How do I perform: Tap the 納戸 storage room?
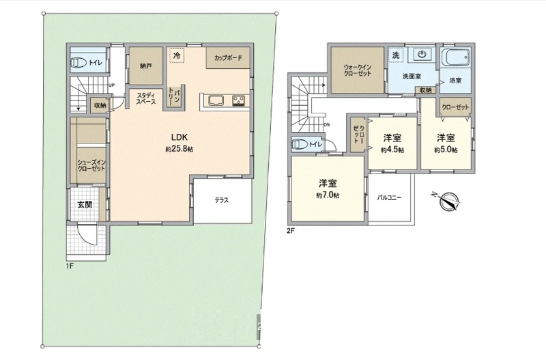click(x=146, y=66)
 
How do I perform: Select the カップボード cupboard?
click(x=228, y=58)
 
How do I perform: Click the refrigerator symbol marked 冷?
click(x=177, y=55)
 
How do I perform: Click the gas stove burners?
click(x=239, y=100)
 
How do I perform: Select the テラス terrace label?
click(x=222, y=200)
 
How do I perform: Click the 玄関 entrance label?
click(x=85, y=204)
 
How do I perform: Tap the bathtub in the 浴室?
click(x=455, y=57)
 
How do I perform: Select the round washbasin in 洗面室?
click(x=422, y=54)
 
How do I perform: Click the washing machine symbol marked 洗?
click(x=396, y=55)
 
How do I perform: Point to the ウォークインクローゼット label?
click(x=357, y=70)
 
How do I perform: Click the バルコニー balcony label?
click(x=389, y=197)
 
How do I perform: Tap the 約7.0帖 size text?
click(x=328, y=196)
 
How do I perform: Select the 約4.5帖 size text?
click(x=392, y=150)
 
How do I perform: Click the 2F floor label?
click(x=291, y=230)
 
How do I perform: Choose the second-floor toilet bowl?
click(x=300, y=144)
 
